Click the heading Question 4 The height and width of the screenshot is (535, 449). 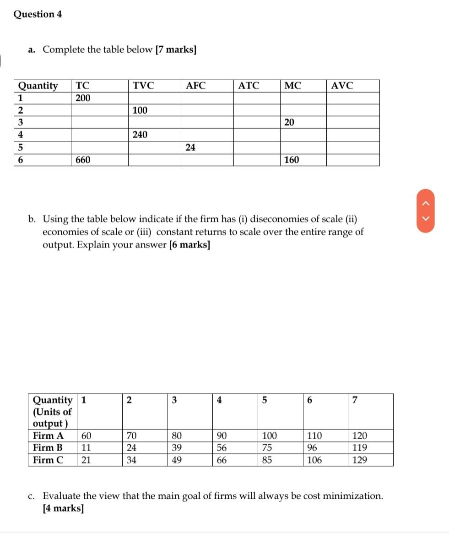tap(38, 14)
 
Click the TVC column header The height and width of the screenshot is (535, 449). tap(143, 86)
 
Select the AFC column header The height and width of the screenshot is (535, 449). tap(196, 86)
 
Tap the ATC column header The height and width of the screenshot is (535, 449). tap(249, 86)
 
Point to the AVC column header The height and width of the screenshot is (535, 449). tap(342, 86)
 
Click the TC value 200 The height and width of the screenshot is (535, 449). tap(83, 98)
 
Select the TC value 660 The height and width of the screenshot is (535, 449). tap(83, 160)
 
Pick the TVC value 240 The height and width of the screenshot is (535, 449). tap(140, 135)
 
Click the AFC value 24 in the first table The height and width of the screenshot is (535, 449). tap(190, 147)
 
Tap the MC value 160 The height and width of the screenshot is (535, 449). tap(291, 160)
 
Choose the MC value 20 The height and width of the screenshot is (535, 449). tap(289, 122)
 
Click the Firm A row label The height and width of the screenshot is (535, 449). tap(48, 436)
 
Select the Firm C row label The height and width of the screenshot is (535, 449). tap(48, 460)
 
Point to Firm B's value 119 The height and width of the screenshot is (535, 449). tap(359, 448)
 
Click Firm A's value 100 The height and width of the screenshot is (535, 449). tap(269, 436)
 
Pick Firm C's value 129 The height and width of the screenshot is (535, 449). tap(359, 460)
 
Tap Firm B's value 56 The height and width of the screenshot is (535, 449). tap(221, 448)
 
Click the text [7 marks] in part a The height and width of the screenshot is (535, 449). tap(176, 50)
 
